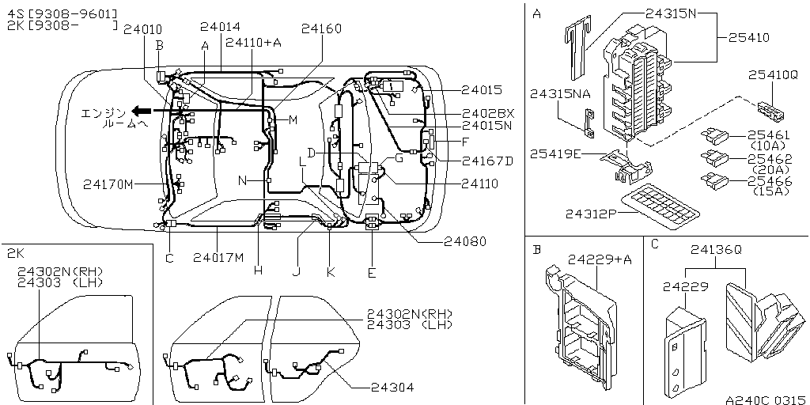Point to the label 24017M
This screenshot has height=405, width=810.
point(218,257)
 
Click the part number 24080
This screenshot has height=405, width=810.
point(464,241)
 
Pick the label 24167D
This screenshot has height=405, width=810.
point(487,161)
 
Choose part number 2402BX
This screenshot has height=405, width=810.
point(488,113)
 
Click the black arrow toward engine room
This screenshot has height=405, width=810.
point(142,111)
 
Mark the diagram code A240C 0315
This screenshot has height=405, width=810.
point(765,399)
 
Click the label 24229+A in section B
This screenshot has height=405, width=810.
point(600,259)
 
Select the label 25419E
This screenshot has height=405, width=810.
point(556,153)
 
